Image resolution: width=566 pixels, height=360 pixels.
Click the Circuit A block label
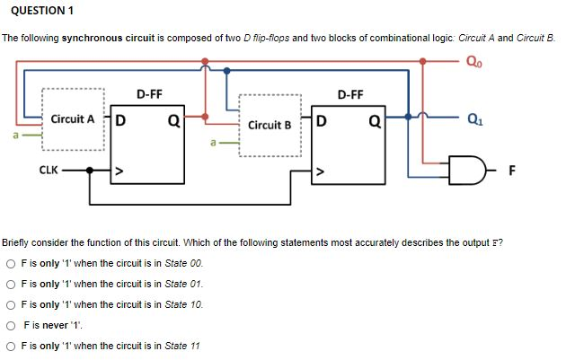click(x=73, y=119)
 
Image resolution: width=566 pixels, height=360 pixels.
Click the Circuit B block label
click(x=270, y=125)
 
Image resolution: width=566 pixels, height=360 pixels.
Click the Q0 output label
click(x=473, y=63)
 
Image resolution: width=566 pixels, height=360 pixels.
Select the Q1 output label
click(x=473, y=116)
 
